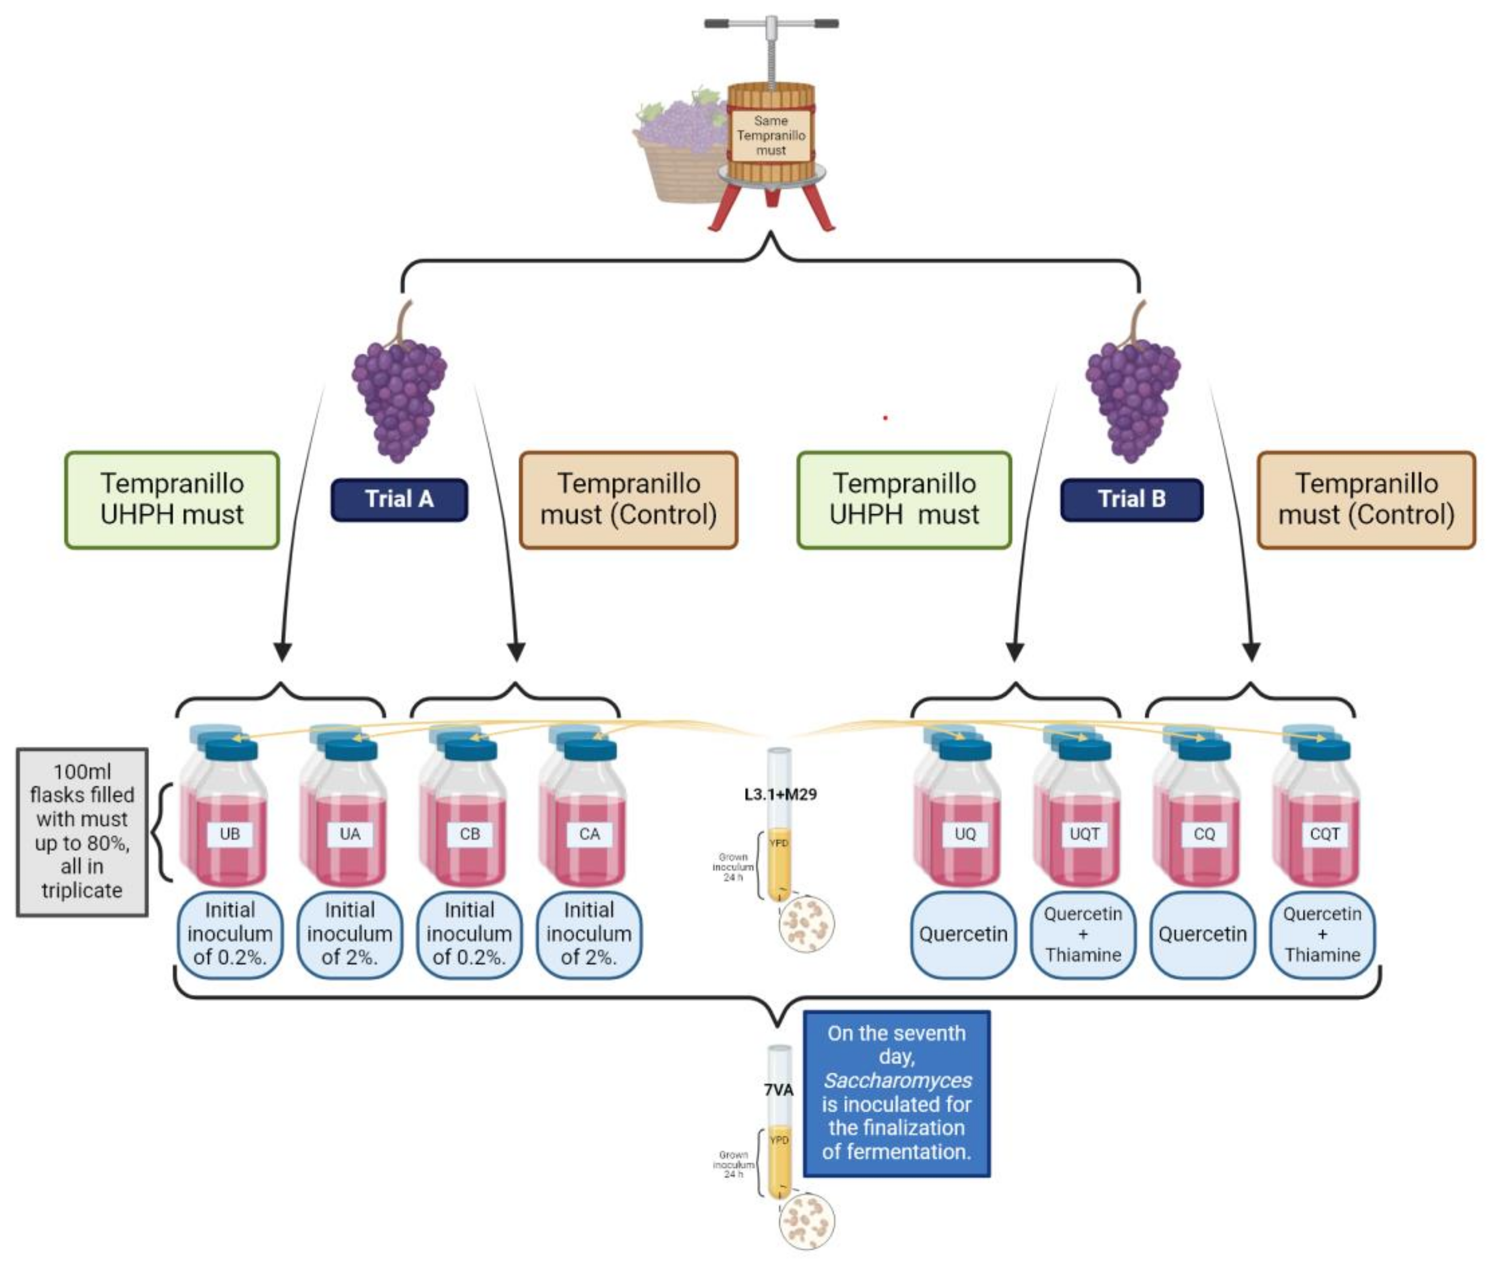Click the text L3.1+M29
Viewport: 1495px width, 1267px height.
pyautogui.click(x=780, y=794)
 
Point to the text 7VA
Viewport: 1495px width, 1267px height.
pyautogui.click(x=778, y=1091)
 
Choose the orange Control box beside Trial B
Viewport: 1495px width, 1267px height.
pyautogui.click(x=1366, y=499)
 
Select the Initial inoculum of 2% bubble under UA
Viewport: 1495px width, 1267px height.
pyautogui.click(x=349, y=934)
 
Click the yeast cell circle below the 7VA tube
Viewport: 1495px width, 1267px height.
pyautogui.click(x=807, y=1221)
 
